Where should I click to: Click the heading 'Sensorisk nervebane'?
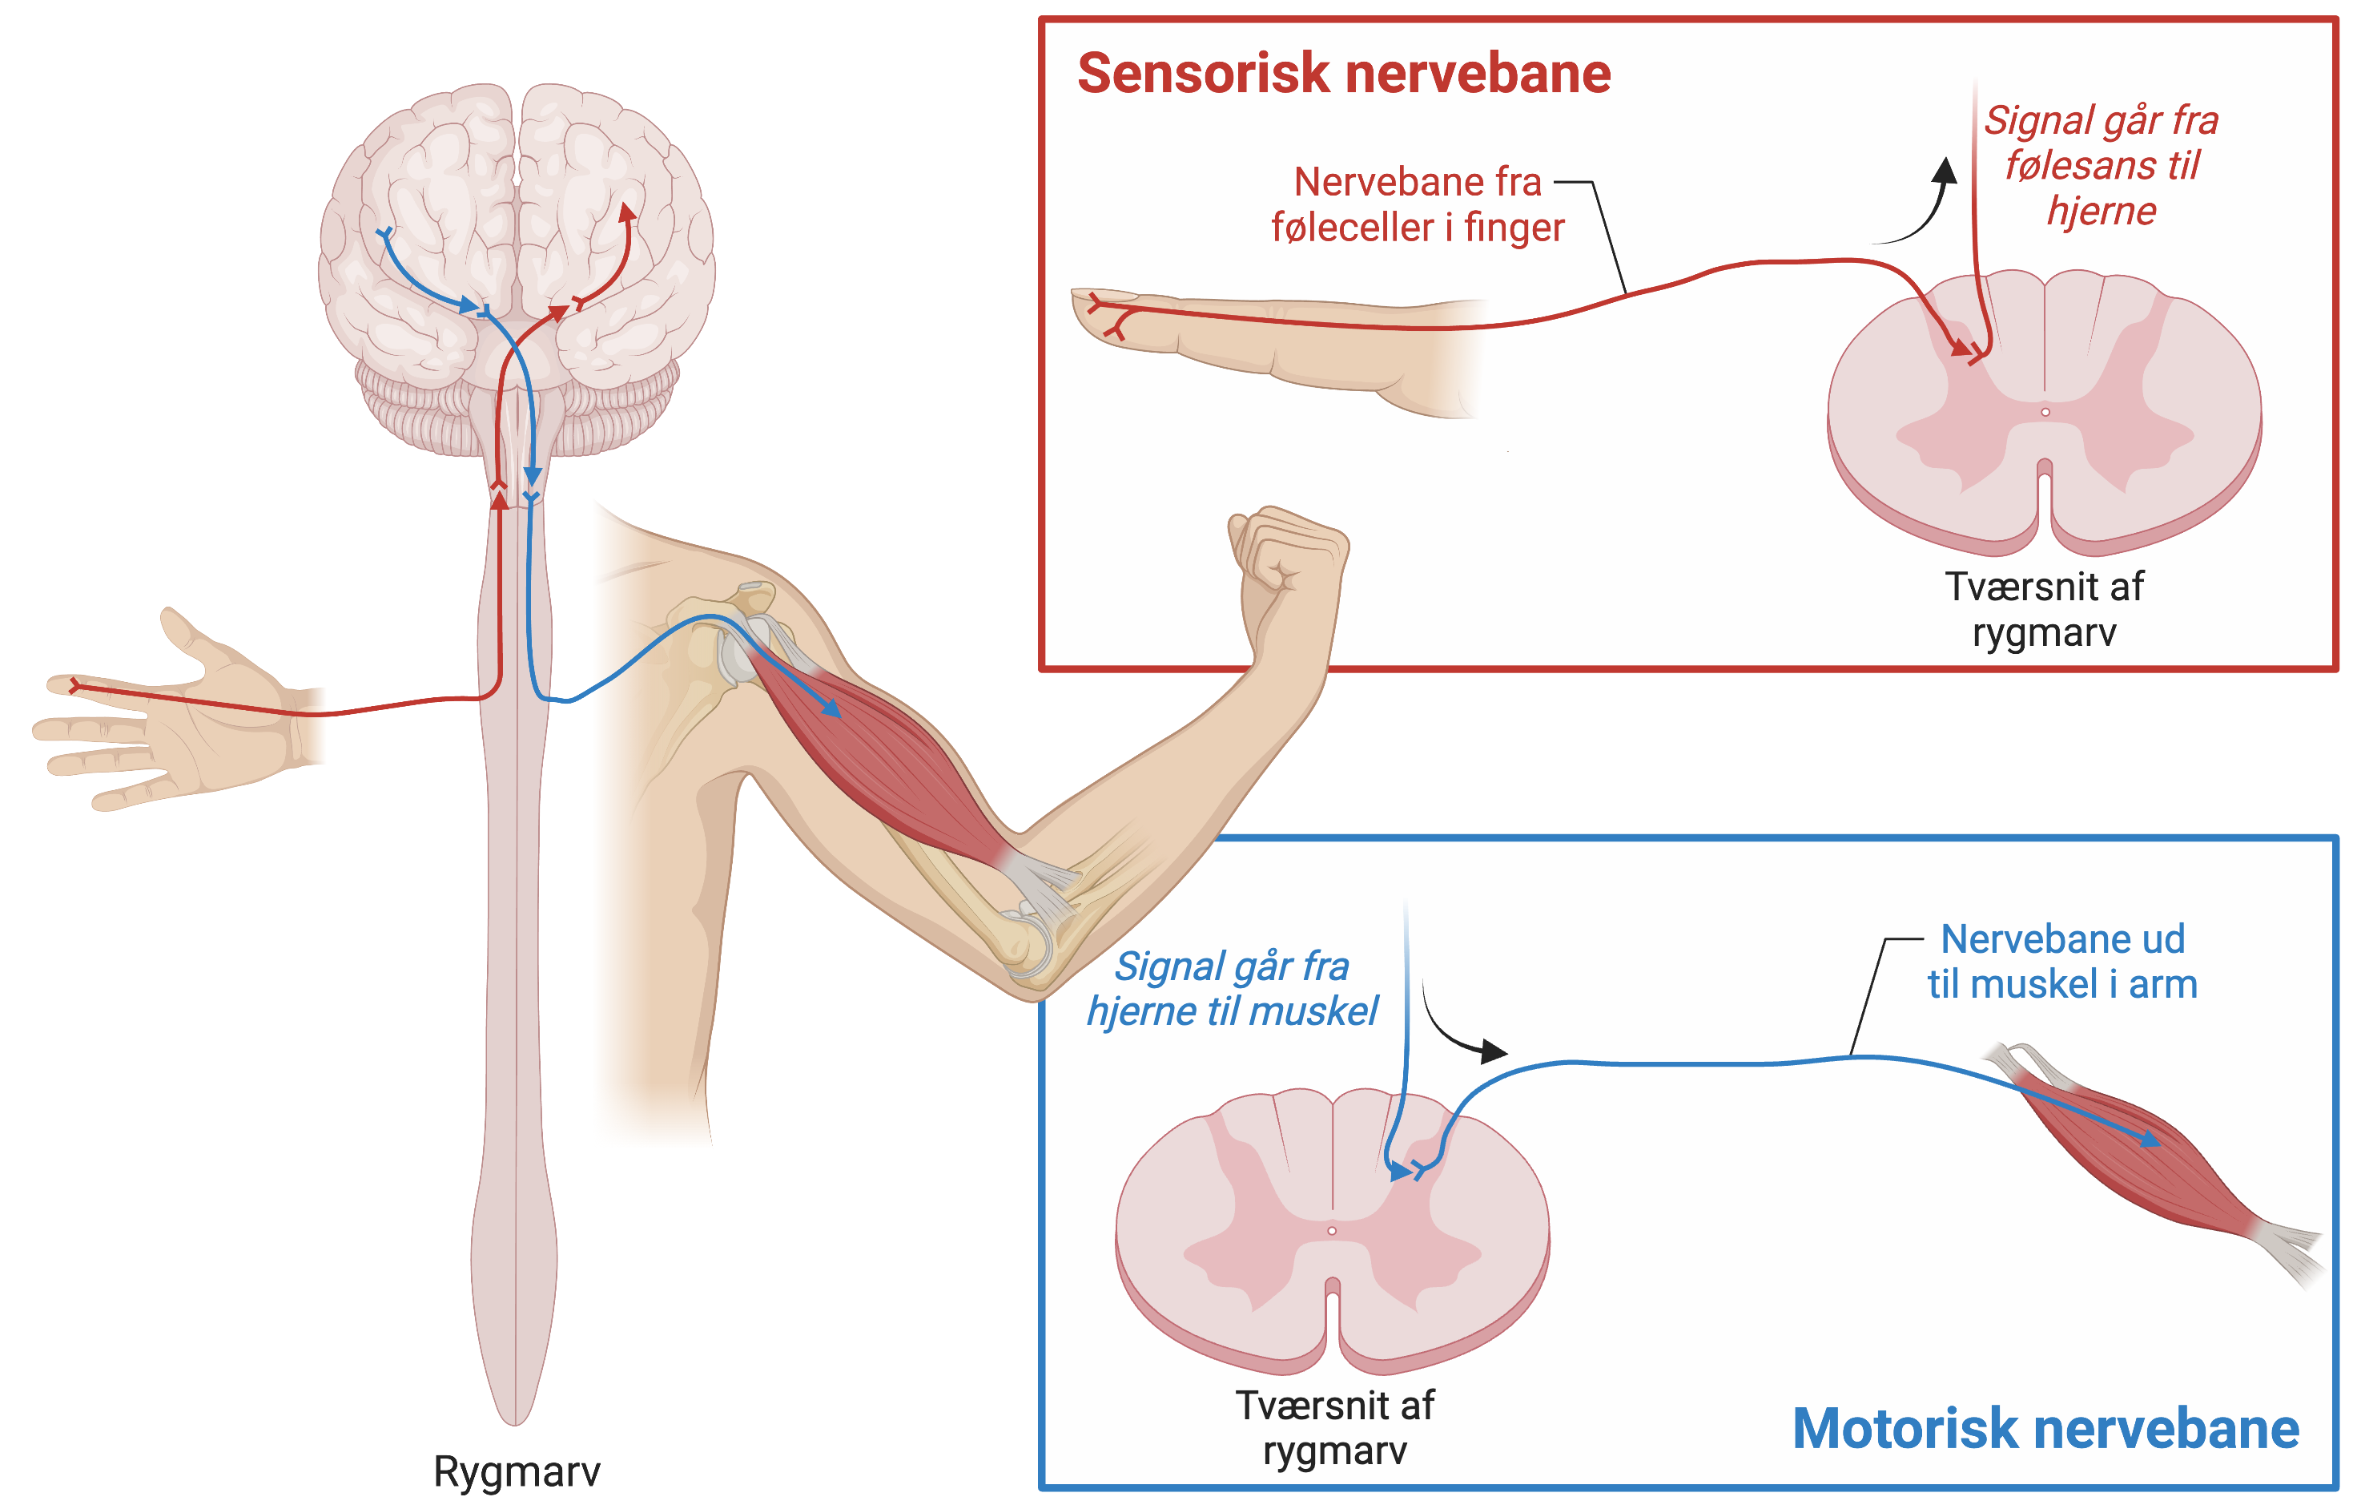pyautogui.click(x=1343, y=75)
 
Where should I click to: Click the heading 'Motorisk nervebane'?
pyautogui.click(x=2045, y=1429)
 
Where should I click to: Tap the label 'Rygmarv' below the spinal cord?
pyautogui.click(x=516, y=1471)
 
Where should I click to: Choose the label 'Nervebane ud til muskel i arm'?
pyautogui.click(x=2061, y=962)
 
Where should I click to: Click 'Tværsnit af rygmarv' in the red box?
pyautogui.click(x=2044, y=609)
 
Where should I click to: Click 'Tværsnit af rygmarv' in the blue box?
pyautogui.click(x=1334, y=1427)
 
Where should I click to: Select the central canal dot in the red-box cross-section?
pyautogui.click(x=2045, y=412)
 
